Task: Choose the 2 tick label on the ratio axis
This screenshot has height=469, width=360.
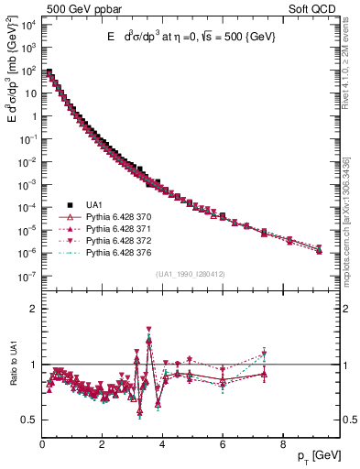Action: coord(32,309)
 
